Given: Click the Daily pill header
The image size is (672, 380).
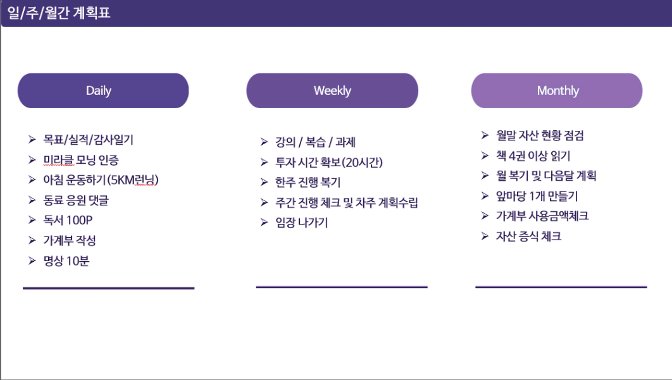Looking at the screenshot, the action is [103, 90].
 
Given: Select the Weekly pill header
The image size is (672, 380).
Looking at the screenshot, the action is [332, 90].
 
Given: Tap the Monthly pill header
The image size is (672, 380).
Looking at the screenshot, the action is [557, 90].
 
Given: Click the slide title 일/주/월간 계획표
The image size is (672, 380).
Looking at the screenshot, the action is [59, 13].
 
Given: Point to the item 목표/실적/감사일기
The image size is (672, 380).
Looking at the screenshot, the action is [89, 140].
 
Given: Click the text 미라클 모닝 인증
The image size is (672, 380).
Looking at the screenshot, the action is [81, 160].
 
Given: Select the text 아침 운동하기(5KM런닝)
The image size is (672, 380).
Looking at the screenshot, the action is [101, 180].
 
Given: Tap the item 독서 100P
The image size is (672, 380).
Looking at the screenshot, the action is [68, 220].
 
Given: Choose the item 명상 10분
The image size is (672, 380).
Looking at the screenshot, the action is [66, 261].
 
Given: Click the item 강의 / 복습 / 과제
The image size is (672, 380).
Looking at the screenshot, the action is [315, 142].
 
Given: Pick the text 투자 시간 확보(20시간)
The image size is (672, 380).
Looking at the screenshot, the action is [328, 162].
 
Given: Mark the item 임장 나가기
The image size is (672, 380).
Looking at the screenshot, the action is [302, 223].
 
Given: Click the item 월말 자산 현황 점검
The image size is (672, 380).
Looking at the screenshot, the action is [540, 135].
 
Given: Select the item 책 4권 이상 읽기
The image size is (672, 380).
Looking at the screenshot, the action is [533, 156].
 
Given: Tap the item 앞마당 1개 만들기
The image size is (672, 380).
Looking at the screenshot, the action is [537, 196].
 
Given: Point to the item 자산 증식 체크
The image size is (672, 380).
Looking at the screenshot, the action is [529, 236].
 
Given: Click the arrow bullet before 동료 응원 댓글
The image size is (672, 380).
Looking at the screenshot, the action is [32, 200].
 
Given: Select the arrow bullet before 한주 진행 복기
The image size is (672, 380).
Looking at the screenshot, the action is [264, 183].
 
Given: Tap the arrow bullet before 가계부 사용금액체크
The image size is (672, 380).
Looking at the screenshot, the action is [485, 216].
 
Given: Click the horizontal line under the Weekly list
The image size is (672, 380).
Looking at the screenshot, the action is [342, 286].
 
